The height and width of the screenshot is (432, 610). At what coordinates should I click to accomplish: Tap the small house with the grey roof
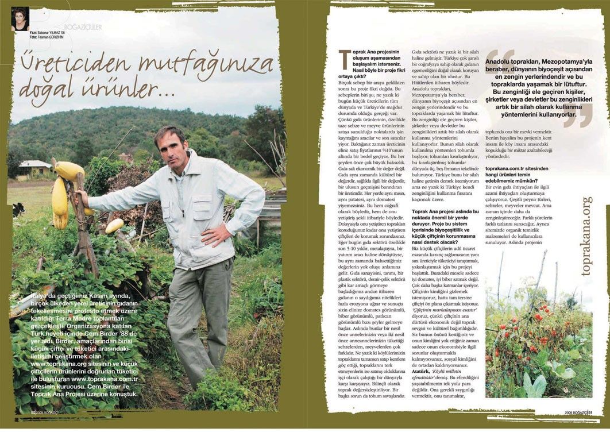35,167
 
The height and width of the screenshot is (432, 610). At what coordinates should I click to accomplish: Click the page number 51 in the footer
590,411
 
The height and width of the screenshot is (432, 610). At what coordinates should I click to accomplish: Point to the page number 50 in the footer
33,412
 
